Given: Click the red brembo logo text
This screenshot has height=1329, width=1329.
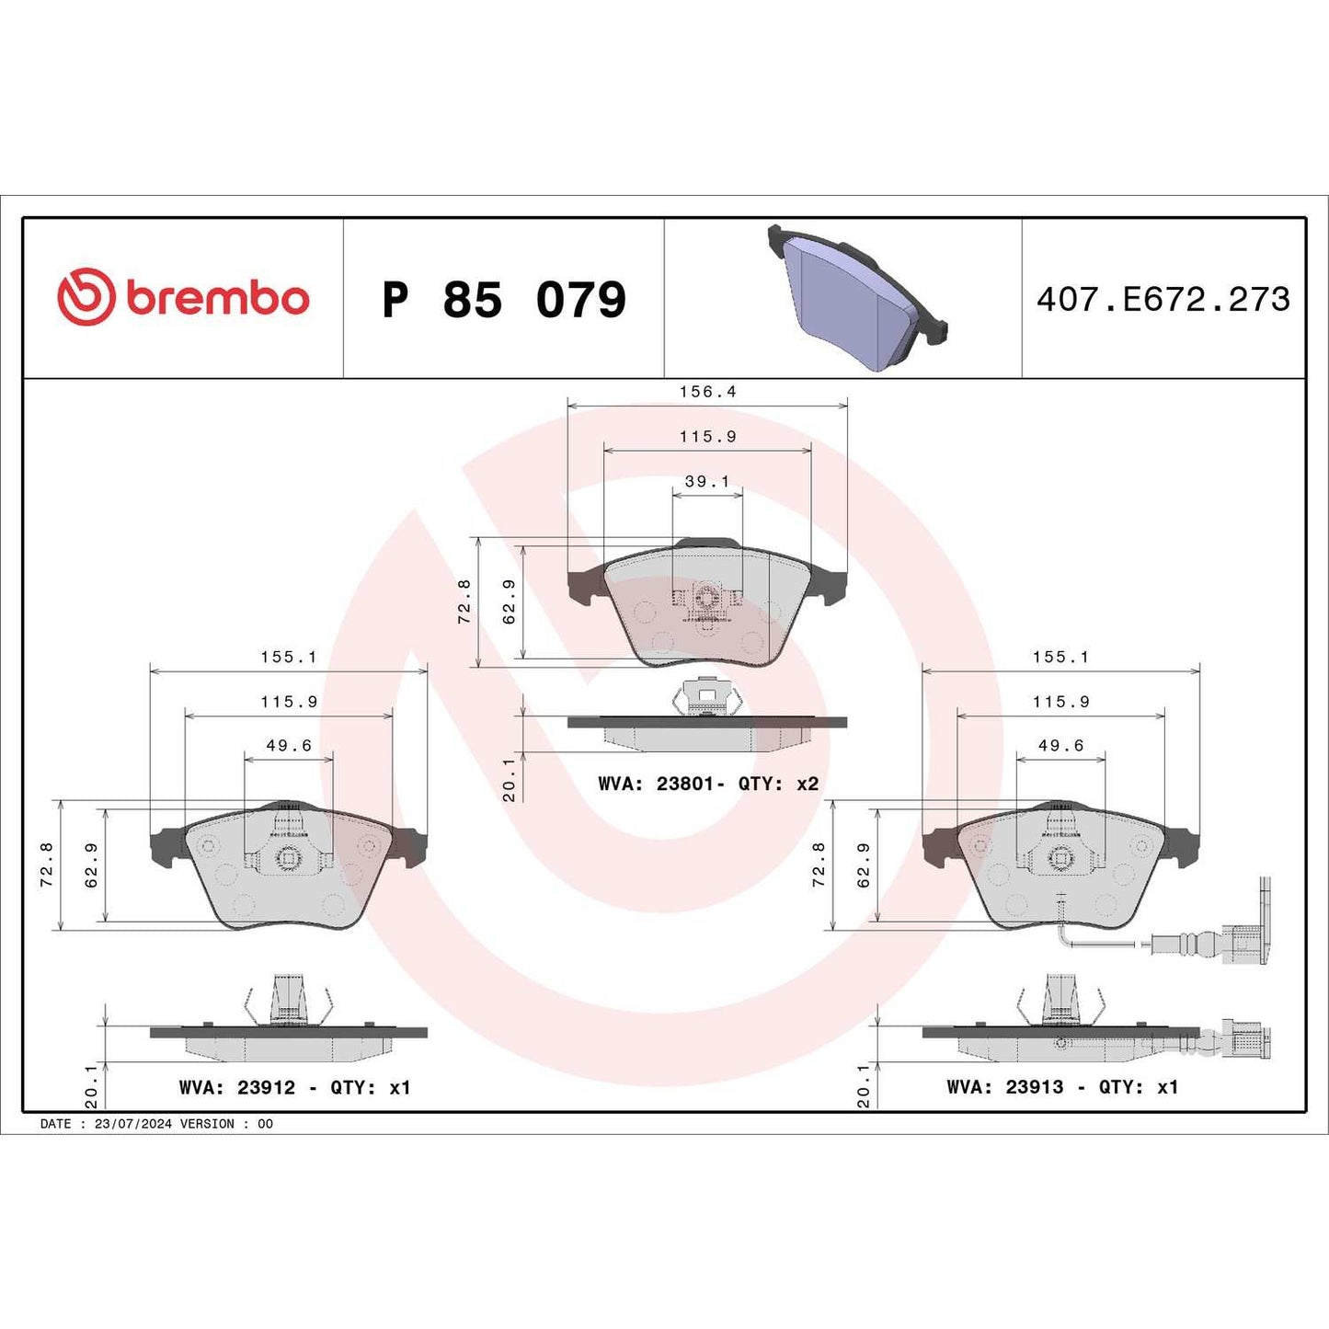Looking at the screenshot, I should click(x=217, y=299).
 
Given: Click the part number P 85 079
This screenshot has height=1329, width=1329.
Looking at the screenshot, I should click(x=504, y=300).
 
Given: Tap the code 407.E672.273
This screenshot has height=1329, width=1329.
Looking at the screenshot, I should click(x=1163, y=299).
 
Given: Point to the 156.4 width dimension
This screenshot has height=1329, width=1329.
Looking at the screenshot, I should click(x=707, y=392).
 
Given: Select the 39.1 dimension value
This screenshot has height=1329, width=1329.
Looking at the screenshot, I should click(x=707, y=481).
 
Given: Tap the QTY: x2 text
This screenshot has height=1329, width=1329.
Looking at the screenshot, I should click(x=778, y=784).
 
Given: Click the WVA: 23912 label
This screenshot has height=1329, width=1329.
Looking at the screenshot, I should click(x=237, y=1087).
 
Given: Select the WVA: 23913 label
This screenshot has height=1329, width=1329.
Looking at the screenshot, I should click(x=1005, y=1087).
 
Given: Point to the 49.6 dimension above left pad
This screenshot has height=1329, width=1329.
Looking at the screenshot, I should click(x=289, y=746).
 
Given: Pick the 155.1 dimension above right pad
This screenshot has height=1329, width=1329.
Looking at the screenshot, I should click(x=1060, y=657).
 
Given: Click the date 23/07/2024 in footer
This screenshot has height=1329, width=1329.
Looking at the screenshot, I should click(x=132, y=1124).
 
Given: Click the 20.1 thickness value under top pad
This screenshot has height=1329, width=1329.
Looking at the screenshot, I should click(x=509, y=780).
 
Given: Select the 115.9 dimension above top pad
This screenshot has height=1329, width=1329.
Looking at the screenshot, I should click(x=707, y=437).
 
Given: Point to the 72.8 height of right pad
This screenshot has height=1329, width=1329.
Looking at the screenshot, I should click(x=819, y=865).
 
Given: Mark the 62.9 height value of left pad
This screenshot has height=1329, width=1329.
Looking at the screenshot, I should click(x=91, y=865).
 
